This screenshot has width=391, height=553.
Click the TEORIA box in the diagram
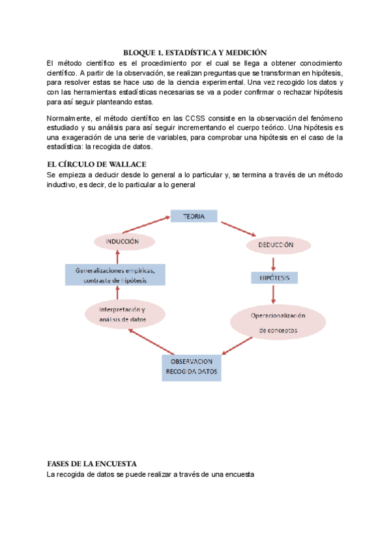[x=194, y=216]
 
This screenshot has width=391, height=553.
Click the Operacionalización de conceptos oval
[x=278, y=323]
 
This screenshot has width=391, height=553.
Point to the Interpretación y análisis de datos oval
[x=123, y=314]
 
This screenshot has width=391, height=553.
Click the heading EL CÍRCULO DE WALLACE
[x=96, y=164]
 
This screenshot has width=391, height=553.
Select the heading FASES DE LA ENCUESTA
[x=91, y=463]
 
